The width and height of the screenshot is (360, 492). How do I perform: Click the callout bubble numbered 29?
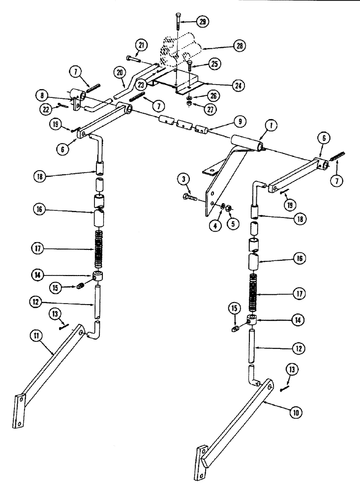coord(202,22)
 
